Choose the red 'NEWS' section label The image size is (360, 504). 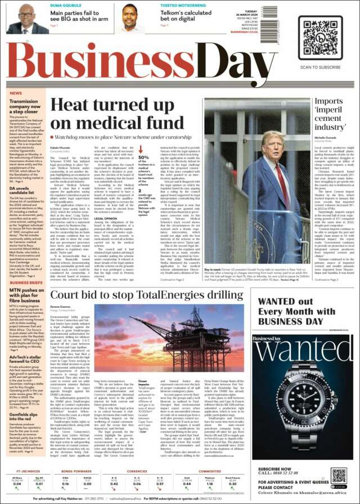click(x=16, y=93)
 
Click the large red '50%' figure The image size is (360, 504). click(x=144, y=159)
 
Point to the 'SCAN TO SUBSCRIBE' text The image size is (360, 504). click(x=320, y=67)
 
